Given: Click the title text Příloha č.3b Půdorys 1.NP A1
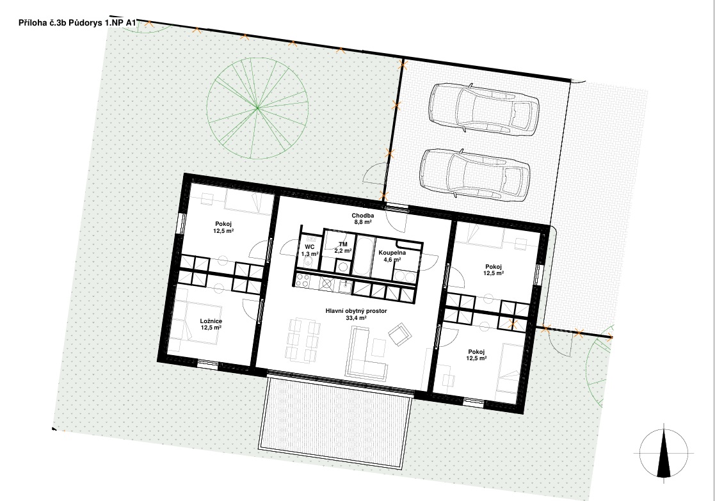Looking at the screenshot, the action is click(78, 23).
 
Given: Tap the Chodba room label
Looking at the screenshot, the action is click(363, 216).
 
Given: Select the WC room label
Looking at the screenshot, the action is click(310, 247).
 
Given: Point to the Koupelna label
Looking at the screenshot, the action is click(392, 253).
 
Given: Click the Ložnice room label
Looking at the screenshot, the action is click(211, 321).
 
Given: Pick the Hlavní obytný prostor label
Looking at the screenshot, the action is click(356, 311).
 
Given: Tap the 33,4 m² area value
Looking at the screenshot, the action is click(356, 318).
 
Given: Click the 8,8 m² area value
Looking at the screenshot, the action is click(363, 223).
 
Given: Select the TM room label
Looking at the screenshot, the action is click(343, 244).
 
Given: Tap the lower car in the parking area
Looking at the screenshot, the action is click(475, 174).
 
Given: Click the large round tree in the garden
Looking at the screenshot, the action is click(257, 108).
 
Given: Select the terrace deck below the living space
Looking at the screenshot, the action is click(336, 413).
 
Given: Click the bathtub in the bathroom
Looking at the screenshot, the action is click(364, 257).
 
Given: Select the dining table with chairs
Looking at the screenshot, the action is click(303, 340).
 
